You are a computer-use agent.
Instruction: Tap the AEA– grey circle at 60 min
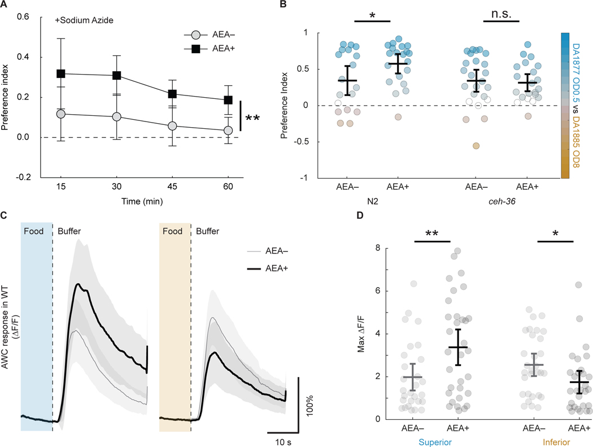pos(228,131)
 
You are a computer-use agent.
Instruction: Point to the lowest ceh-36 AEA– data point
pos(476,146)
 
